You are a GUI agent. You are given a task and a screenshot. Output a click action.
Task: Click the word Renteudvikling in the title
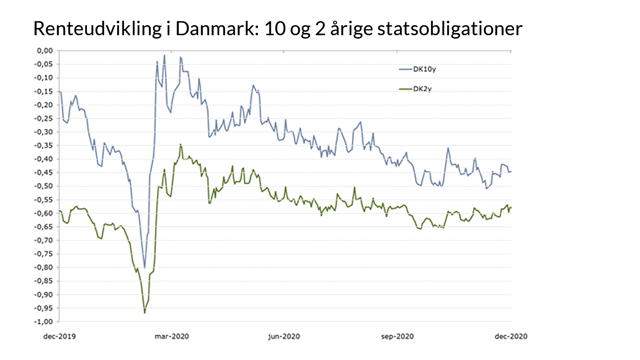(97, 29)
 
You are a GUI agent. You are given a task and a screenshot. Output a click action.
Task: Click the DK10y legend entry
(424, 69)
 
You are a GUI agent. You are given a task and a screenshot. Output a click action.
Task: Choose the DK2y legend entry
(422, 89)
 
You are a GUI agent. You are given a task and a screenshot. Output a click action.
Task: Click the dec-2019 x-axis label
(59, 336)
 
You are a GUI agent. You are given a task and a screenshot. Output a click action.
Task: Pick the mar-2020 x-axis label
(172, 336)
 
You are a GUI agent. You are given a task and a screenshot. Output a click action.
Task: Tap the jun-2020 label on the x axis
(284, 336)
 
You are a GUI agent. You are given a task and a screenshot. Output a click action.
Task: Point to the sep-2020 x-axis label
(397, 336)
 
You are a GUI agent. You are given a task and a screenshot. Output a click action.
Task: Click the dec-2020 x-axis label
(511, 336)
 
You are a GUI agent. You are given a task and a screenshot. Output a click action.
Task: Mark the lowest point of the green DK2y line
(145, 313)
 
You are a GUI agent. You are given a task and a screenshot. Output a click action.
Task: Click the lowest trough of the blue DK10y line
(145, 268)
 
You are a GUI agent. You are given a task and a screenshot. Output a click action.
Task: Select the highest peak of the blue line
(164, 56)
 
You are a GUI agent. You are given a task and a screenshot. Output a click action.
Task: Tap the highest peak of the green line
(180, 144)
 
